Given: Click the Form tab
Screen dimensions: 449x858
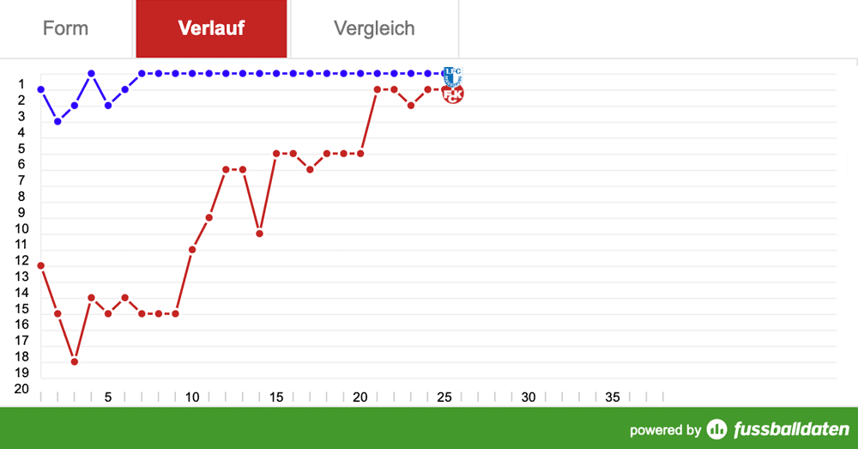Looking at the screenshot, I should tap(65, 28).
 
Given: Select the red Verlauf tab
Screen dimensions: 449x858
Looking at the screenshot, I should tap(211, 28).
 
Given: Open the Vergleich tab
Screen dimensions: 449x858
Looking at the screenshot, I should tap(374, 28).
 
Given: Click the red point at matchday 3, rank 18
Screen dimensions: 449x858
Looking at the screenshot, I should tap(75, 361).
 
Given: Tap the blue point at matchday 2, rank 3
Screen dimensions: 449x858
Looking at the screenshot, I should tap(57, 121).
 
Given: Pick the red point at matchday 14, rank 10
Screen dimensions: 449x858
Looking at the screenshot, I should tap(259, 234).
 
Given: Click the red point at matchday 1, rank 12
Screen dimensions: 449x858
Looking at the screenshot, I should tap(40, 265).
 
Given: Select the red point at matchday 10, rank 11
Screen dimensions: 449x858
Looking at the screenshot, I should tap(192, 250).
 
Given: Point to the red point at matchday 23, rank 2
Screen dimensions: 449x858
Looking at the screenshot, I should tap(411, 106).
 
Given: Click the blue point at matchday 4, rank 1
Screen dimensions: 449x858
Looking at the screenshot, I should tap(91, 74).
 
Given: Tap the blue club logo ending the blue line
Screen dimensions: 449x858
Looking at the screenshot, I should tap(452, 75).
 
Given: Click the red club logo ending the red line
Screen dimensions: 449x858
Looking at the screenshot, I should tap(453, 94).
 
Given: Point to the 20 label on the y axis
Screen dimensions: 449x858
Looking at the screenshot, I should tap(21, 389).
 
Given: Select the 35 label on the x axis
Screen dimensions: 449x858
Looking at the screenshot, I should tap(613, 397).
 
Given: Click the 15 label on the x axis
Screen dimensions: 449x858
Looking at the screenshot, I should tap(276, 397).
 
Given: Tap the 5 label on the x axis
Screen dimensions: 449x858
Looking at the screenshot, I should tap(108, 397).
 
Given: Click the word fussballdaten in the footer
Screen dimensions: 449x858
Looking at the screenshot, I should tap(791, 429).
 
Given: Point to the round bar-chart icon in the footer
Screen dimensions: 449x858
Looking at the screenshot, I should tap(716, 429).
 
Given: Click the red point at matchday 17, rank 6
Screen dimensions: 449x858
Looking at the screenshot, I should tap(310, 169).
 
